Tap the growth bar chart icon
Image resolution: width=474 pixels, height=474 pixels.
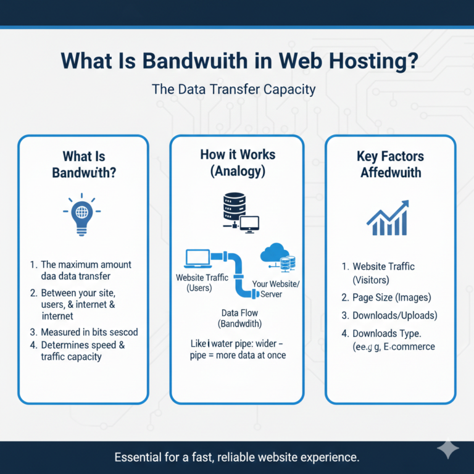point(387,219)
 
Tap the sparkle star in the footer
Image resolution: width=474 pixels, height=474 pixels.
point(447,451)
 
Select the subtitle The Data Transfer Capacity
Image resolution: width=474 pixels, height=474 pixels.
point(234,89)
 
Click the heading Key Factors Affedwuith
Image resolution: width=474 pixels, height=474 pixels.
point(391,164)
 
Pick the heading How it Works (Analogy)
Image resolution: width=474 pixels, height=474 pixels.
point(238,162)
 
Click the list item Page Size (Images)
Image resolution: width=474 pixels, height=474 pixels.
point(391,297)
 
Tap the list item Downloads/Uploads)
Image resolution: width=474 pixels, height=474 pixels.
point(394,315)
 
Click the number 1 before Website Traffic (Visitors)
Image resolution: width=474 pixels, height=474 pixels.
point(344,267)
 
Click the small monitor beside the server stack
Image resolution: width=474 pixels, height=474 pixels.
point(250,224)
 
